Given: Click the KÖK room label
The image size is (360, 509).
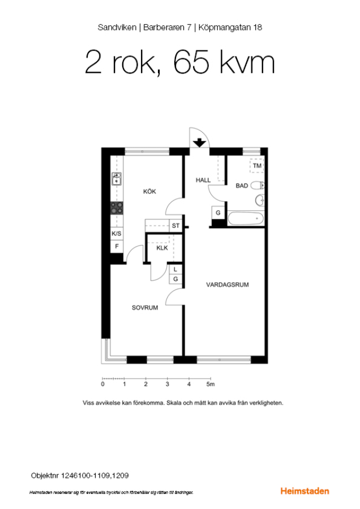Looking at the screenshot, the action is coord(149,192).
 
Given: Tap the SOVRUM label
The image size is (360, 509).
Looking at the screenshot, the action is coord(145,308).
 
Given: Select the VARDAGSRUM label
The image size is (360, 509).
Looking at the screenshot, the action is coord(228,284).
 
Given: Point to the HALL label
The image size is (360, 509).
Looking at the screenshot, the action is coord(203,180).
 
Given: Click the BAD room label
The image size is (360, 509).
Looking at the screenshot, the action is coord(242,186).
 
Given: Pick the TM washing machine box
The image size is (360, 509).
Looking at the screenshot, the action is coord(257,166).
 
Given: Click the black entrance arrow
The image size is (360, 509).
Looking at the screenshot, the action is coord(199,143).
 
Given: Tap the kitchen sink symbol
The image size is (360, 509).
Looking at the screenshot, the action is coord(117,179).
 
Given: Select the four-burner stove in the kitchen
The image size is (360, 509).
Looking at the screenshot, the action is coord(117,208).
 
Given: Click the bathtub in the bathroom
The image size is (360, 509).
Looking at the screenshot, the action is coord(246,218).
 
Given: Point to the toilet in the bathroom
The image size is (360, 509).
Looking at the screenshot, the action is coord(258,186).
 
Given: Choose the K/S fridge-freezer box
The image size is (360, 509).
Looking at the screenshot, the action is coord(117,234).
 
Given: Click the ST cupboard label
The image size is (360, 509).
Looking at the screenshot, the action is coord(175,226).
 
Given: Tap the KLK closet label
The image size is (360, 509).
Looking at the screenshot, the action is coord(162,248).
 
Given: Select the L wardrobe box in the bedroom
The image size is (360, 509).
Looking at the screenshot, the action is coord(175,269).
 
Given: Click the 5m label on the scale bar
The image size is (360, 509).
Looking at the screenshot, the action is coord(211,385).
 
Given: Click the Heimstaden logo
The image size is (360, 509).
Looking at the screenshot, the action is coord(305,491).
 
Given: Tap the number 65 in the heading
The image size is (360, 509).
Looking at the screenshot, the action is coord(191,62).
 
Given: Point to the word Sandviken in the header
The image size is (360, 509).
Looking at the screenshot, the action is coord(117,28).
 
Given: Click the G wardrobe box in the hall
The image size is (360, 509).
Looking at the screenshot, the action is coord(218,213).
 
